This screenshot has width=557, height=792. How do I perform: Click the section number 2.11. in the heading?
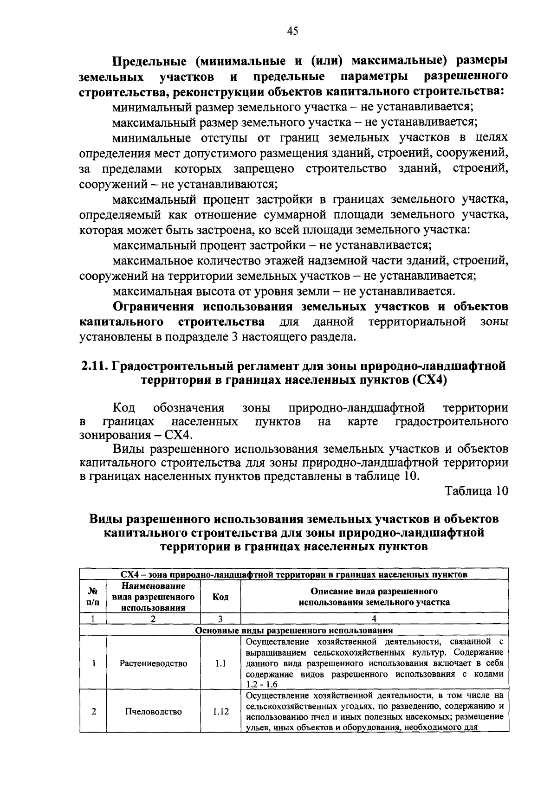pyautogui.click(x=94, y=366)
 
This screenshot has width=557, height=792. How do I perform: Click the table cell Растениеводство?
pyautogui.click(x=153, y=663)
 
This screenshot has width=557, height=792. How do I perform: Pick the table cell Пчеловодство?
pyautogui.click(x=153, y=711)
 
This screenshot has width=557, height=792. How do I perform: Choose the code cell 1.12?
pyautogui.click(x=220, y=711)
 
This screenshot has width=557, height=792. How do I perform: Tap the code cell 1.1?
pyautogui.click(x=220, y=663)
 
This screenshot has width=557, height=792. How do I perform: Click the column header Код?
pyautogui.click(x=220, y=597)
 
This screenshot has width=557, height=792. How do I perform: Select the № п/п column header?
pyautogui.click(x=93, y=597)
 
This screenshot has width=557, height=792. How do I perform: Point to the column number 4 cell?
pyautogui.click(x=375, y=618)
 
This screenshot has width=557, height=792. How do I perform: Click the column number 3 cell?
pyautogui.click(x=220, y=618)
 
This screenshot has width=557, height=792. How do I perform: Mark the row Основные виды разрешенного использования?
pyautogui.click(x=294, y=630)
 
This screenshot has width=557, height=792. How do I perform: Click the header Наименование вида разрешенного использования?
pyautogui.click(x=153, y=597)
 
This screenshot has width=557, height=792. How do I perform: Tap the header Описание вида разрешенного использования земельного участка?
pyautogui.click(x=375, y=597)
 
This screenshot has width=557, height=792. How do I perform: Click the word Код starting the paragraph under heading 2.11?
pyautogui.click(x=124, y=408)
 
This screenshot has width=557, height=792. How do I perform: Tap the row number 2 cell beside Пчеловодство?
pyautogui.click(x=93, y=711)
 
